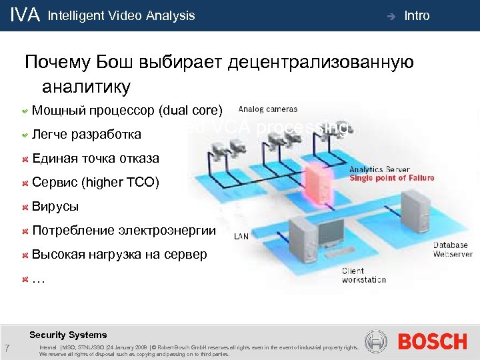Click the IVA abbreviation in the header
(25, 15)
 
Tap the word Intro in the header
(417, 15)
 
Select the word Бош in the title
(115, 63)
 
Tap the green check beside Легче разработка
(24, 134)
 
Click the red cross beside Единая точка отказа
(24, 159)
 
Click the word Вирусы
(55, 206)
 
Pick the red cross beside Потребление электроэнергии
(24, 231)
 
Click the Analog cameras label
(268, 109)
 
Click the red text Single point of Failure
(392, 178)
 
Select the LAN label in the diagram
(241, 236)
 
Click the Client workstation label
(363, 275)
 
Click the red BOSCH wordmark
(432, 342)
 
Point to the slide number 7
(6, 347)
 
